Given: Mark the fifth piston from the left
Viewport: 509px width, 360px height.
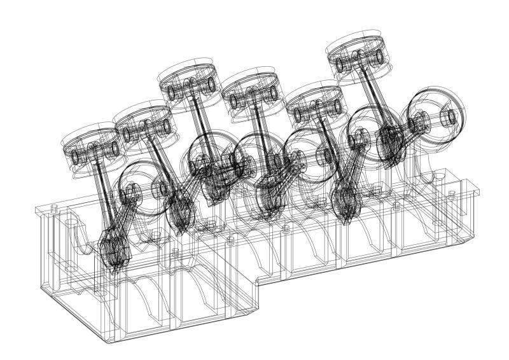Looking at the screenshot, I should point(315,106).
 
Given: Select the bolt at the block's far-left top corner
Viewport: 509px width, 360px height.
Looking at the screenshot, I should point(53,207).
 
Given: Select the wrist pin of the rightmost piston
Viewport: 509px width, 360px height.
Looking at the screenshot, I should point(359,64).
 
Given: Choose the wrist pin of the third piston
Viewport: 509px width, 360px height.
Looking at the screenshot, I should point(191,89).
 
